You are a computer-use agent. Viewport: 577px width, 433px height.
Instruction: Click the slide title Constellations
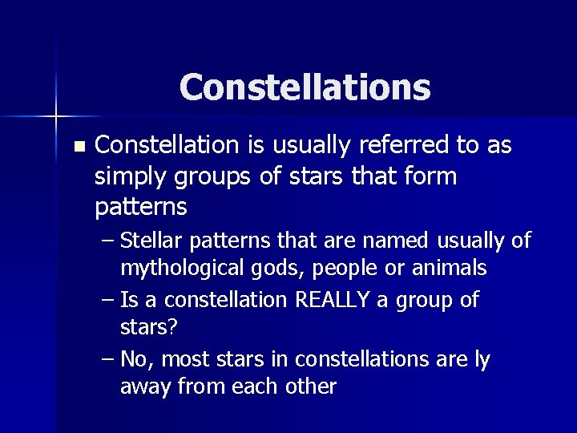click(305, 87)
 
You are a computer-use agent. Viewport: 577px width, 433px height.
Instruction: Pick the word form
click(431, 176)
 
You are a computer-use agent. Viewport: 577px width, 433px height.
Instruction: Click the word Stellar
click(152, 241)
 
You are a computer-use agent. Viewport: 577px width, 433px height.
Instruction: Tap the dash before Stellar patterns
click(108, 241)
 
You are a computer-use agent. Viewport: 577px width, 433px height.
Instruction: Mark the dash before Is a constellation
click(108, 301)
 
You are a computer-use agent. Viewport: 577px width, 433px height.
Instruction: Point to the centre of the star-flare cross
click(57, 117)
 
